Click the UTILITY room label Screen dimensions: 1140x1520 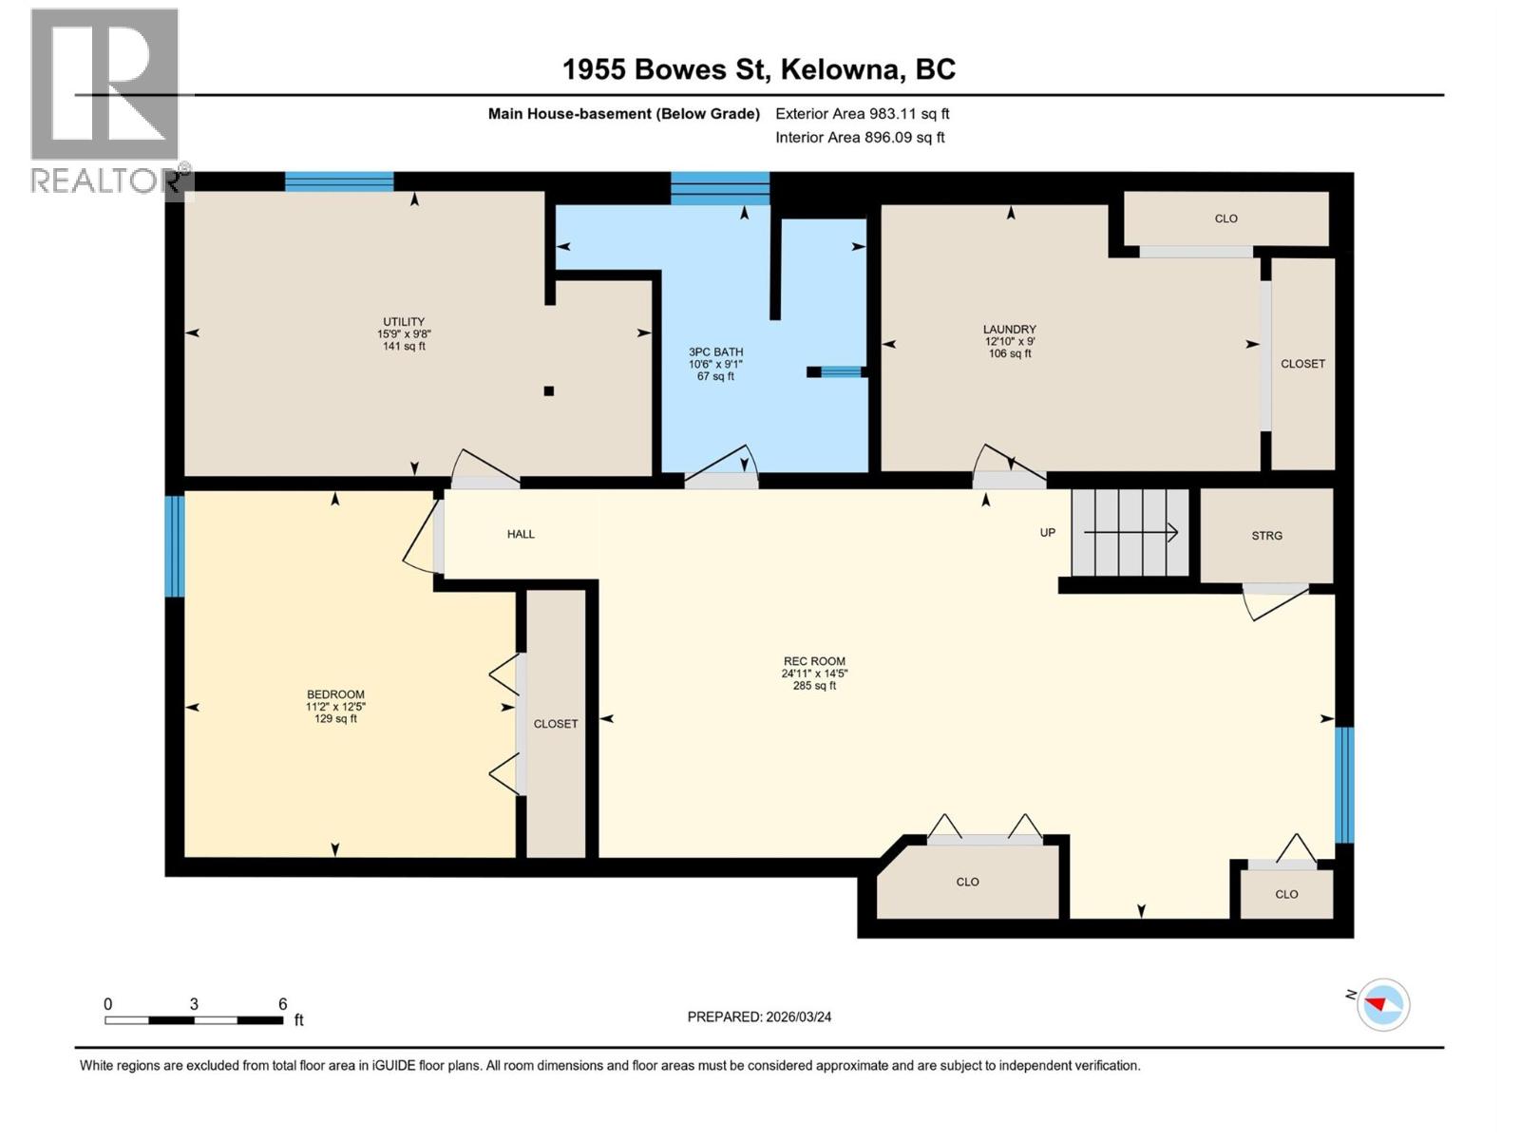(x=403, y=322)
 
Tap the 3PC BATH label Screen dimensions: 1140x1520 (x=715, y=352)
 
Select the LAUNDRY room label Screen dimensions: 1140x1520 (x=1009, y=330)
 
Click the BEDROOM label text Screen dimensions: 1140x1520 (x=335, y=694)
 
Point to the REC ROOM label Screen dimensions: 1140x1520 (x=814, y=661)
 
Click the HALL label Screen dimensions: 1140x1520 (x=521, y=534)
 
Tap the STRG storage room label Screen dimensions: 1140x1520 (x=1266, y=536)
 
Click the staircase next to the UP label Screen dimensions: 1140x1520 (x=1130, y=533)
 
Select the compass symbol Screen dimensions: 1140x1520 (x=1382, y=1004)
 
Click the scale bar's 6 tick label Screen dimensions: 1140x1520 (x=282, y=1004)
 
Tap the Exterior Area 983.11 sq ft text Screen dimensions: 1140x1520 (x=862, y=114)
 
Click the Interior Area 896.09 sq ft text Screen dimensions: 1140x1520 (x=860, y=138)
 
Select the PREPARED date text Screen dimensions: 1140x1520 (x=759, y=1016)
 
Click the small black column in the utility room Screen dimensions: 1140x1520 (x=548, y=390)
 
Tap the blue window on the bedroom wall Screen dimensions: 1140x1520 (x=174, y=546)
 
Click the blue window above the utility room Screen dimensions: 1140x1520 (x=339, y=181)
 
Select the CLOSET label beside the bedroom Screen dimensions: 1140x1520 (x=556, y=724)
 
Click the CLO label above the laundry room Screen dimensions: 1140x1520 (x=1225, y=218)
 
